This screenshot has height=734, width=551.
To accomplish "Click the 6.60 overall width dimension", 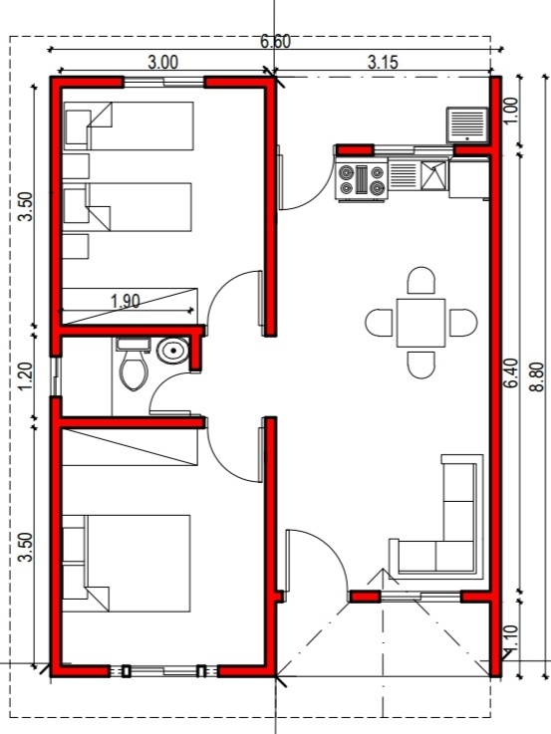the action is point(275,42).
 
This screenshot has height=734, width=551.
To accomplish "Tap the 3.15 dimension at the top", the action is point(383,62).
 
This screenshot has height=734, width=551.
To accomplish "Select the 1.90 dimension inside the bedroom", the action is point(125,301).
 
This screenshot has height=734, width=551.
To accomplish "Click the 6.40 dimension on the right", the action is point(511,373).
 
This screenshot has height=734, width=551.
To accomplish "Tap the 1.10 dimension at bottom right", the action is point(511,638).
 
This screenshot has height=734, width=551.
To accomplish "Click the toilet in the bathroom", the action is point(134,364).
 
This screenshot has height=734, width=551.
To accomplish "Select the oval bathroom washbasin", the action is point(172,351).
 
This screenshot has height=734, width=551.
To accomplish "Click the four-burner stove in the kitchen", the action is point(362,179).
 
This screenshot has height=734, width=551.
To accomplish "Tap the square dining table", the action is point(420,323).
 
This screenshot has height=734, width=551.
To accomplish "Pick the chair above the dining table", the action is point(421,281).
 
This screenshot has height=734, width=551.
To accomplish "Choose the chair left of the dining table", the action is point(380,323).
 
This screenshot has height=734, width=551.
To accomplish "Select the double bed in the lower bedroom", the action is point(127,564).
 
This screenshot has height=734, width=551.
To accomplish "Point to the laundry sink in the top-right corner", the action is point(467,124).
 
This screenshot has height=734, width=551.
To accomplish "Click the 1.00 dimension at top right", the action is point(511,111).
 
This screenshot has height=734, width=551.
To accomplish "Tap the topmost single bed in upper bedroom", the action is point(129,126).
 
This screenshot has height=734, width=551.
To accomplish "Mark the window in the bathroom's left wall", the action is point(56,376).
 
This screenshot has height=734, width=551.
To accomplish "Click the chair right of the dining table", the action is point(463,323).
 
